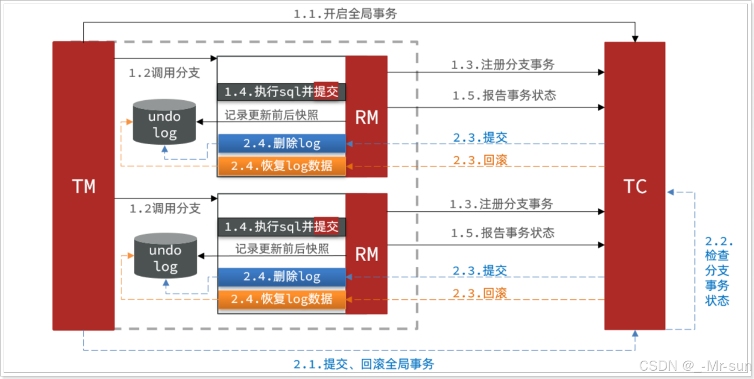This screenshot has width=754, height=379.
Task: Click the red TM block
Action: tap(83, 186)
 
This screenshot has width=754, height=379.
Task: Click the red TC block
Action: tap(634, 186)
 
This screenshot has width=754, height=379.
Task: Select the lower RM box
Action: tap(366, 254)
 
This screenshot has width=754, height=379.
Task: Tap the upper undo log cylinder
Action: tap(165, 122)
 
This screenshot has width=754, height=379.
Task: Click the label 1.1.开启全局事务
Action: tap(345, 14)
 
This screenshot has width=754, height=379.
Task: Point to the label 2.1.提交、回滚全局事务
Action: tap(364, 364)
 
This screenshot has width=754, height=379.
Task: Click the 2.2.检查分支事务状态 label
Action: tap(718, 271)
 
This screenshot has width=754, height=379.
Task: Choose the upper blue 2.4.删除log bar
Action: tap(282, 144)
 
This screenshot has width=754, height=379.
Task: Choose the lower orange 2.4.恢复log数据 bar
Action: tap(282, 299)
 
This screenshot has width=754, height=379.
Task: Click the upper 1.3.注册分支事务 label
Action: tap(502, 65)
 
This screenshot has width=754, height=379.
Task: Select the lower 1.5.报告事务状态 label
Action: tap(502, 233)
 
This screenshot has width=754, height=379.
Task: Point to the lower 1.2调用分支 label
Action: tap(165, 209)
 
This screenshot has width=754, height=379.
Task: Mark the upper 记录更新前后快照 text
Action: tap(272, 115)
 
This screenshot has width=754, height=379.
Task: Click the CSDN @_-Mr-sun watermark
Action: tap(695, 366)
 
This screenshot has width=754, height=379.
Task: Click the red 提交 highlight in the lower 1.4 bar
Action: tap(326, 226)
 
